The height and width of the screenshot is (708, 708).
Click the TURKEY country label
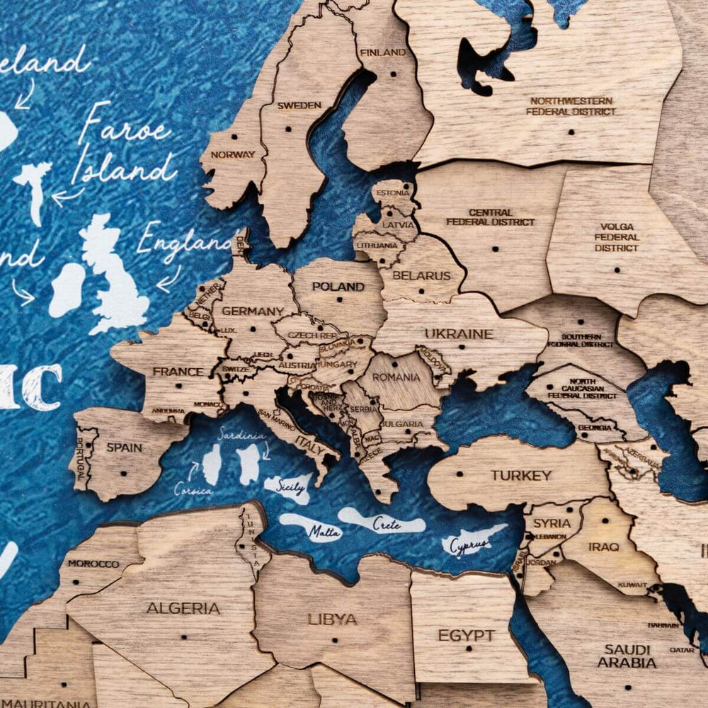(521, 475)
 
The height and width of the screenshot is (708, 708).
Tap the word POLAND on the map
(339, 287)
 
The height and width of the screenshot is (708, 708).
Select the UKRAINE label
(459, 333)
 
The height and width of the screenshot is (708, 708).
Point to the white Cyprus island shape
(473, 542)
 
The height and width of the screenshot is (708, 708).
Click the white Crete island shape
(382, 522)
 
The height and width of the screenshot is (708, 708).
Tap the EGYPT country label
(466, 635)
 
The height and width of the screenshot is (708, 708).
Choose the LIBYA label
(332, 619)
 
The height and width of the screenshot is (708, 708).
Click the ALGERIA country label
(183, 607)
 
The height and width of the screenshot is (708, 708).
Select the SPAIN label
(124, 447)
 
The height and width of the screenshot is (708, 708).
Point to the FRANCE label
(178, 371)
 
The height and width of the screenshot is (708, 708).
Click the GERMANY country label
(253, 310)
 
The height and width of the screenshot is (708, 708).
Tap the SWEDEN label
(299, 105)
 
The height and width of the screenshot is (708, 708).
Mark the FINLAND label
(383, 52)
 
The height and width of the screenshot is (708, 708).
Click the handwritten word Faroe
(125, 130)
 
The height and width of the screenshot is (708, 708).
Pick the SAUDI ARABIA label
(627, 656)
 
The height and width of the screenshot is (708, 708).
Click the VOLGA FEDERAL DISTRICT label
(616, 237)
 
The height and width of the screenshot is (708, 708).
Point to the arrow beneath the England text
(167, 279)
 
